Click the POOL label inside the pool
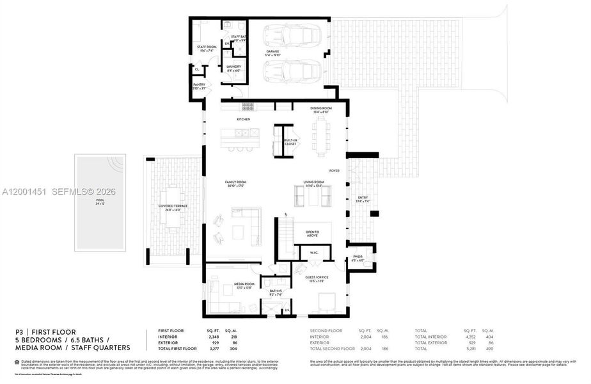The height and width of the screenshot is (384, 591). pyautogui.click(x=99, y=200)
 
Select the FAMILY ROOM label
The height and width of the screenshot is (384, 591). pyautogui.click(x=236, y=182)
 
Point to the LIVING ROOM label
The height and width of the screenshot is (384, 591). pyautogui.click(x=314, y=182)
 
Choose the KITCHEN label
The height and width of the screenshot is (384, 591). pyautogui.click(x=243, y=120)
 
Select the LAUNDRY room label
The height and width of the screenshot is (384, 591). pyautogui.click(x=233, y=67)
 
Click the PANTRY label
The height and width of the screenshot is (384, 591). pyautogui.click(x=199, y=85)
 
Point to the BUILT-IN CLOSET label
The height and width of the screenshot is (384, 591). pyautogui.click(x=290, y=141)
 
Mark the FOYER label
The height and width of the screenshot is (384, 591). pyautogui.click(x=334, y=171)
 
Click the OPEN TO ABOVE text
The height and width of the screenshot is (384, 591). pyautogui.click(x=312, y=233)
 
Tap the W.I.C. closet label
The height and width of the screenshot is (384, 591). pyautogui.click(x=314, y=252)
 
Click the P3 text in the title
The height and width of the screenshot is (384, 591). pyautogui.click(x=19, y=331)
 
